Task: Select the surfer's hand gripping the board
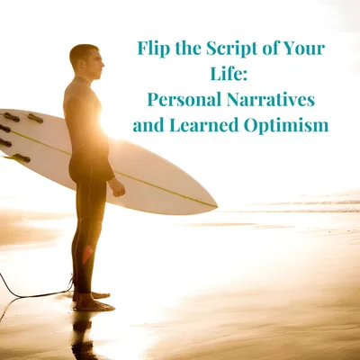(116, 187)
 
